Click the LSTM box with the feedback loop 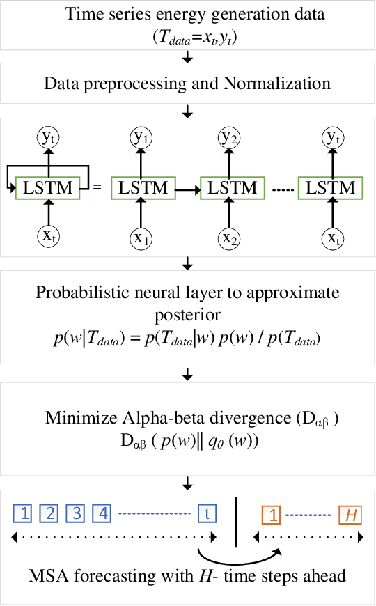[49, 188]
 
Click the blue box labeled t [207, 515]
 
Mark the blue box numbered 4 [102, 515]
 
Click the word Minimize [77, 419]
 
